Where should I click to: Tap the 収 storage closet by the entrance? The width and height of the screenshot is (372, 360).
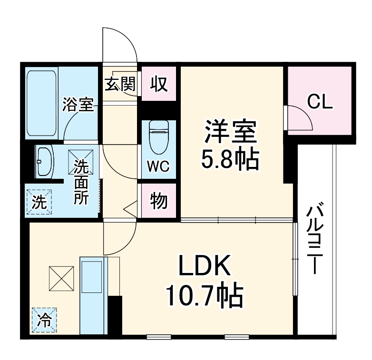pyautogui.click(x=159, y=84)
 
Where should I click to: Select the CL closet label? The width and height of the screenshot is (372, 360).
pyautogui.click(x=319, y=101)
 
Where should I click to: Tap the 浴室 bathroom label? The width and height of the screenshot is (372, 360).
pyautogui.click(x=78, y=105)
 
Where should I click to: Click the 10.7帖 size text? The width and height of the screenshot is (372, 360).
pyautogui.click(x=204, y=296)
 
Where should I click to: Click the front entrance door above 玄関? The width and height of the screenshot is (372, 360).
pyautogui.click(x=120, y=45)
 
